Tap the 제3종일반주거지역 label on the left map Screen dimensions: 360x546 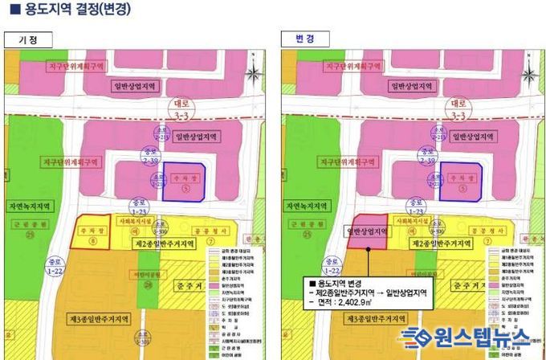pyautogui.click(x=104, y=318)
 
